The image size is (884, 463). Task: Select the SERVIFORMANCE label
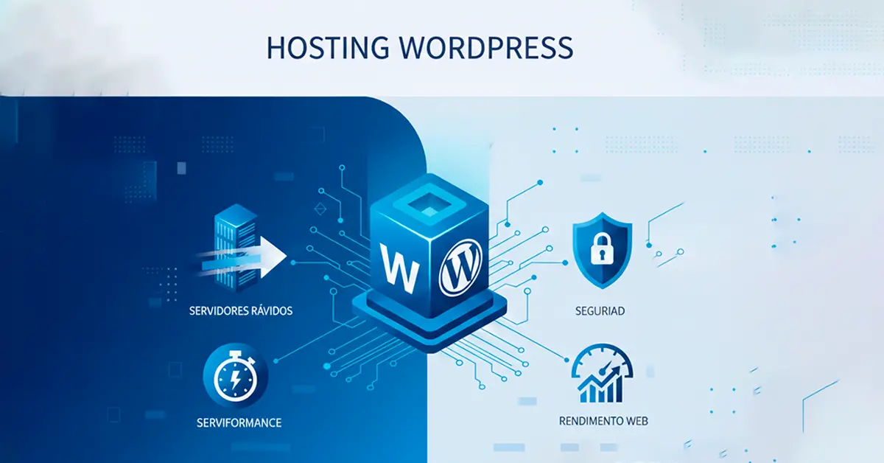tap(239, 423)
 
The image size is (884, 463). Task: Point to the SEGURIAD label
tap(600, 310)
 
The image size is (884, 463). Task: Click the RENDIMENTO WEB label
tap(603, 422)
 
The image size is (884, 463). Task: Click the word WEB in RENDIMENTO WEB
tap(634, 422)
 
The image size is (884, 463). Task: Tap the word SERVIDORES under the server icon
tap(220, 310)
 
